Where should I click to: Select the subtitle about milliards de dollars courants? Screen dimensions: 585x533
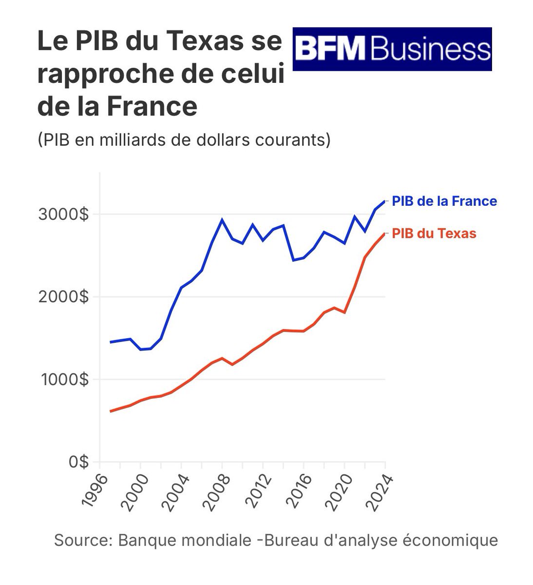pyautogui.click(x=184, y=140)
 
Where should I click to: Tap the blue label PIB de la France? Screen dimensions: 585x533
pyautogui.click(x=444, y=201)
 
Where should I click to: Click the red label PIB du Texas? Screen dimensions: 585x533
pyautogui.click(x=434, y=234)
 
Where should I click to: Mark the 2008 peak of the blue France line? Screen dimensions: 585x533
pyautogui.click(x=222, y=220)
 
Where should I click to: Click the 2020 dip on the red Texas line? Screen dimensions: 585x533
pyautogui.click(x=344, y=312)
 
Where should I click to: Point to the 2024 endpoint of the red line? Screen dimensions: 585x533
pyautogui.click(x=385, y=234)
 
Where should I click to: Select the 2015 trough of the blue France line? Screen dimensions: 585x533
pyautogui.click(x=293, y=260)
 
